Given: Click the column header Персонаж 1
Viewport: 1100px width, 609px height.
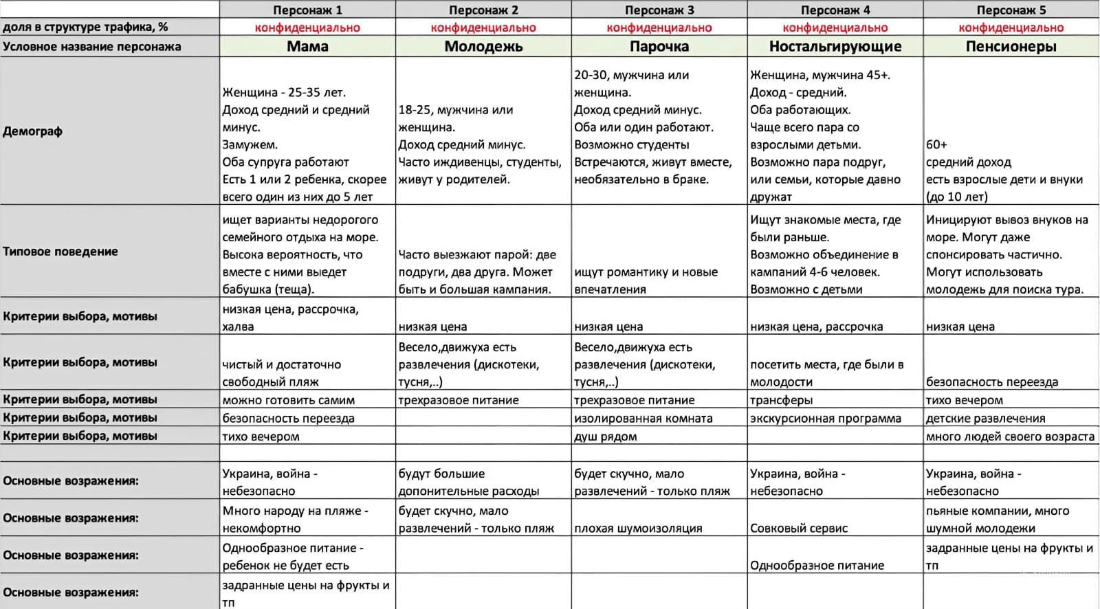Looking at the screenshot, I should click(307, 10).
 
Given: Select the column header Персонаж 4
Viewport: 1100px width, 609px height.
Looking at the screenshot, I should click(835, 10).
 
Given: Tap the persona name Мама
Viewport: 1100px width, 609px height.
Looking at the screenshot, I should click(307, 47).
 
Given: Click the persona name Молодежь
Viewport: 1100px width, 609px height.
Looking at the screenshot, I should click(483, 47).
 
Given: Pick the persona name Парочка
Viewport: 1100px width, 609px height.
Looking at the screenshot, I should click(659, 47).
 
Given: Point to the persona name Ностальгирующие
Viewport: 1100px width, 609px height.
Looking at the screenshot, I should click(835, 47).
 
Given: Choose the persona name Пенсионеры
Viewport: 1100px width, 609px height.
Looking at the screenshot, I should click(1011, 47).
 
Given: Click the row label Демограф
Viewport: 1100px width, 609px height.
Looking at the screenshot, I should click(33, 131).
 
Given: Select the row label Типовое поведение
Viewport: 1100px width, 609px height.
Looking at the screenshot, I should click(60, 252).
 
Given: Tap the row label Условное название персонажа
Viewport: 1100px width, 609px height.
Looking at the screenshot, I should click(92, 47).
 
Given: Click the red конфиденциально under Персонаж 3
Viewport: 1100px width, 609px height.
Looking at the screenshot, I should click(659, 28).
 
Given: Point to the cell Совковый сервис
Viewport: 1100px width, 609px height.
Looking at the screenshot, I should click(799, 529).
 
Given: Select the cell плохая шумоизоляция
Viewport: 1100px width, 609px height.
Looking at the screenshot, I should click(638, 529).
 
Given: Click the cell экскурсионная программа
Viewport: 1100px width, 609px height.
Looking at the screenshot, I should click(825, 419).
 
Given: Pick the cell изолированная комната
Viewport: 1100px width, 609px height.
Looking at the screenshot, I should click(643, 419).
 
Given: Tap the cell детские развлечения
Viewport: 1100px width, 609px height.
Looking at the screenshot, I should click(985, 419).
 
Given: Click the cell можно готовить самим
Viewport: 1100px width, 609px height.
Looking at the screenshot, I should click(289, 400).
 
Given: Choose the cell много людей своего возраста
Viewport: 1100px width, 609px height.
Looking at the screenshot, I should click(1010, 436).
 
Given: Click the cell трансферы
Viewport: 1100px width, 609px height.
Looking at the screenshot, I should click(781, 400).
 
